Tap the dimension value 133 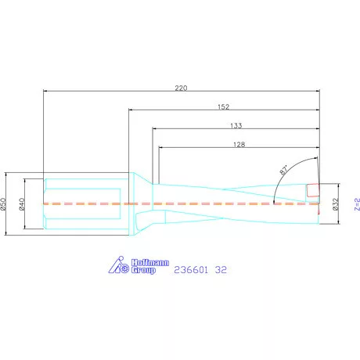coord(235,124)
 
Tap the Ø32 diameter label coord(335,203)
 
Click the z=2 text coord(355,203)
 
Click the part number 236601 coord(192,269)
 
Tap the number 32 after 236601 coord(222,269)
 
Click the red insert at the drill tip coord(313,189)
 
